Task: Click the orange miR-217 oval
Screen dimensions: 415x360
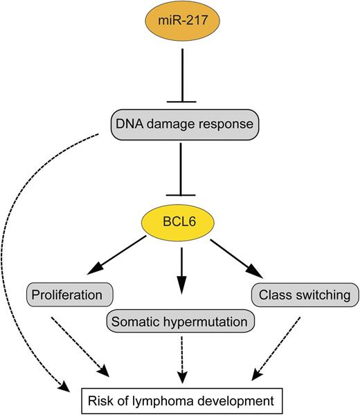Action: pyautogui.click(x=180, y=28)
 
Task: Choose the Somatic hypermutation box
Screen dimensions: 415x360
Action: pyautogui.click(x=181, y=321)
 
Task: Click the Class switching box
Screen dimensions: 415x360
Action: pyautogui.click(x=304, y=295)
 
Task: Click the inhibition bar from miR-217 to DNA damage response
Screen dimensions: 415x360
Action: pyautogui.click(x=180, y=76)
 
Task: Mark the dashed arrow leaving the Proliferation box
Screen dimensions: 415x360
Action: pyautogui.click(x=81, y=347)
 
